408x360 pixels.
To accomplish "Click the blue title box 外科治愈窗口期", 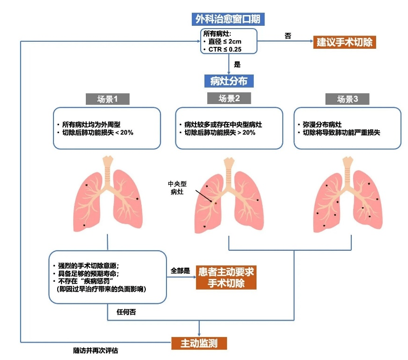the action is pyautogui.click(x=228, y=19).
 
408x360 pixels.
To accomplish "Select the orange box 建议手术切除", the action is pyautogui.click(x=345, y=42).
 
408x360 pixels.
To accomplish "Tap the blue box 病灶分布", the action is pyautogui.click(x=229, y=81).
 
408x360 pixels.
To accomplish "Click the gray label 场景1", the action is pyautogui.click(x=107, y=99).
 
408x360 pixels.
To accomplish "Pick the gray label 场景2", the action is pyautogui.click(x=229, y=98).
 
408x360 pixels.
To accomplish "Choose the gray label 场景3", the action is pyautogui.click(x=348, y=99).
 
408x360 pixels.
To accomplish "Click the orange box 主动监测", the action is pyautogui.click(x=199, y=343).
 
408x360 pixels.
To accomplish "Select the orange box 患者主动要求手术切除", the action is pyautogui.click(x=226, y=277).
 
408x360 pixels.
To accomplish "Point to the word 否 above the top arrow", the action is pyautogui.click(x=288, y=36).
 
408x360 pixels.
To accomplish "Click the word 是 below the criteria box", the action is pyautogui.click(x=237, y=64).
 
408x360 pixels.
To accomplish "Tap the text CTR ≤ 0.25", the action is pyautogui.click(x=225, y=49).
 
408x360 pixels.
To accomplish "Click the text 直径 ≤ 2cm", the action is pyautogui.click(x=225, y=41).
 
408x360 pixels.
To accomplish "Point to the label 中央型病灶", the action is pyautogui.click(x=177, y=187).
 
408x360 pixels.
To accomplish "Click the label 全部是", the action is pyautogui.click(x=180, y=271).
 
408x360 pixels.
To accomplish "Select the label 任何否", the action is pyautogui.click(x=126, y=312).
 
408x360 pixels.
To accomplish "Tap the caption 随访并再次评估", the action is pyautogui.click(x=96, y=351).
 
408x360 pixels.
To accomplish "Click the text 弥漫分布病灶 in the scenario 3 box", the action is pyautogui.click(x=322, y=124).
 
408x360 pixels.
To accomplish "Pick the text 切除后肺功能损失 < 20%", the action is pyautogui.click(x=98, y=132).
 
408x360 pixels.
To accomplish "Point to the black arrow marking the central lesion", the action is pyautogui.click(x=204, y=196).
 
